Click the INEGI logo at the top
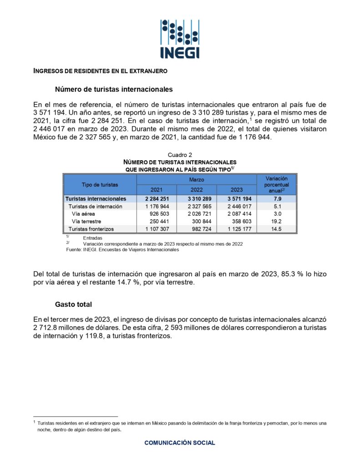(180, 39)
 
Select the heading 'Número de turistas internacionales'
(113, 89)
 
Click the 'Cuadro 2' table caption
(180, 155)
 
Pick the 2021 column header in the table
(157, 190)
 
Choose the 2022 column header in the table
(197, 190)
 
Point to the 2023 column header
(237, 190)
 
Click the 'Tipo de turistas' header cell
(100, 185)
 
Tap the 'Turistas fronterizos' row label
(91, 228)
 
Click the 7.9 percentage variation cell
(277, 199)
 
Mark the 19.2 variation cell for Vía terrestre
(277, 221)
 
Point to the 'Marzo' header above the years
(197, 180)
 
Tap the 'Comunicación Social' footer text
(180, 442)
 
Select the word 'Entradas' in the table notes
(93, 238)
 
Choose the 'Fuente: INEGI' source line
(122, 249)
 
